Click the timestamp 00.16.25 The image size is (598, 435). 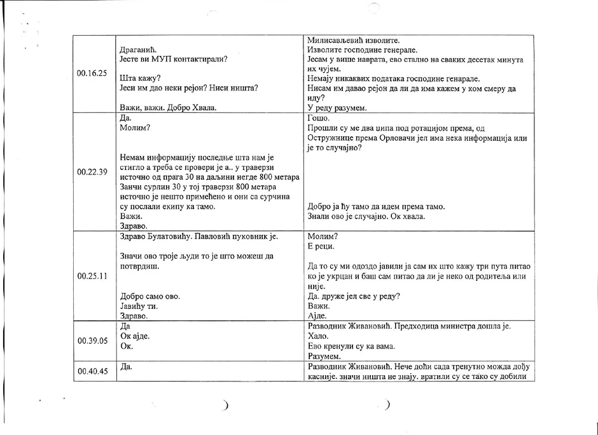92,74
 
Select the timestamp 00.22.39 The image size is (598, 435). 92,172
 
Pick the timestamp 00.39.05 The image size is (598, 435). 92,341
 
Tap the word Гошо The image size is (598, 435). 318,118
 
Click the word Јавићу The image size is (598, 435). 136,306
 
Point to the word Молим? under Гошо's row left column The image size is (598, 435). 135,128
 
